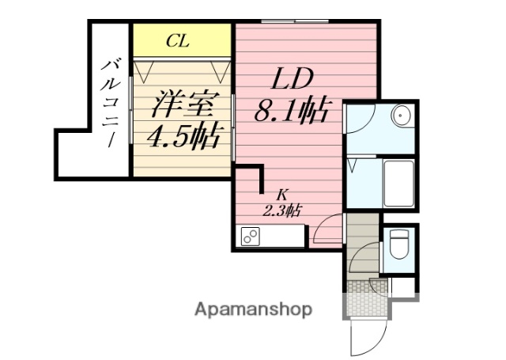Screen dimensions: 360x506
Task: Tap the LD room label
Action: (294, 80)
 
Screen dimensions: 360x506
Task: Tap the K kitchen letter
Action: (281, 195)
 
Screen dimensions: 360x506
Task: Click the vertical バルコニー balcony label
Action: (109, 102)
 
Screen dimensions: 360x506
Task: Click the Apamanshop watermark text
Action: (253, 309)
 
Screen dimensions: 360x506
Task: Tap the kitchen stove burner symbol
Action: (251, 237)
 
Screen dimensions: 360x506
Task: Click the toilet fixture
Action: (398, 246)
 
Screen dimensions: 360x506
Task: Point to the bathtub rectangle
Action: (399, 184)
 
